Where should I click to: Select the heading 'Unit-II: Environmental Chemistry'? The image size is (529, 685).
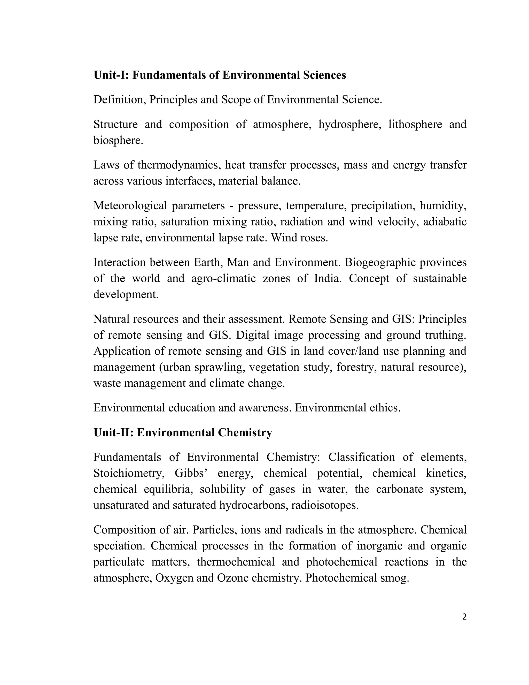183,432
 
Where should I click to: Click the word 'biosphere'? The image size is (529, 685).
118,141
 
